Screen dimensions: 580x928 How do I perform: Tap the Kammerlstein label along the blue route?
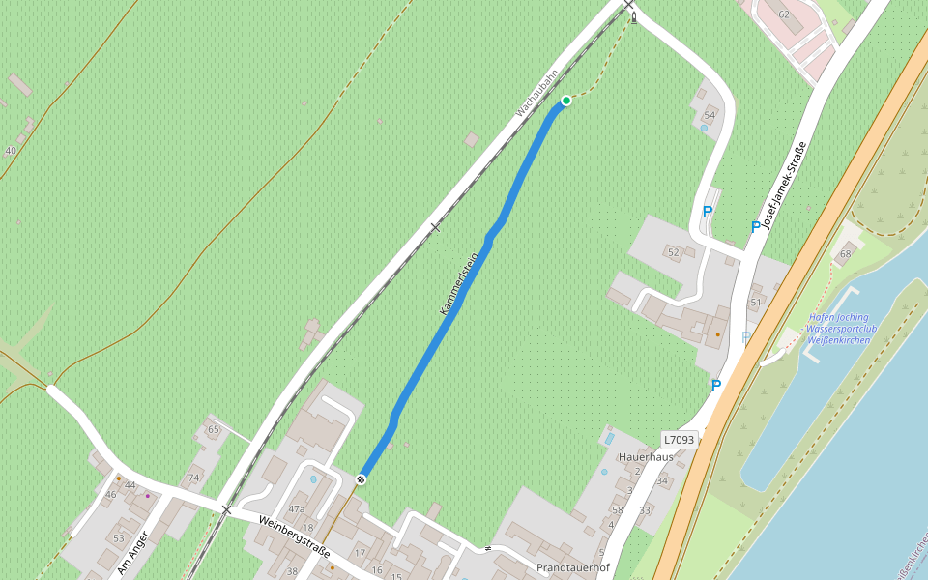pyautogui.click(x=460, y=283)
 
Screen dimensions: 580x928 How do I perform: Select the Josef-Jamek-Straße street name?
pyautogui.click(x=784, y=185)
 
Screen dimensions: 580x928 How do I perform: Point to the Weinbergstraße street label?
pyautogui.click(x=294, y=536)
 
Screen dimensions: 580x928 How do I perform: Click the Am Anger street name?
pyautogui.click(x=132, y=553)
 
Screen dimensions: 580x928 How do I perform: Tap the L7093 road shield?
pyautogui.click(x=679, y=440)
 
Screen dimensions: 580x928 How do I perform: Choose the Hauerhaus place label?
pyautogui.click(x=646, y=456)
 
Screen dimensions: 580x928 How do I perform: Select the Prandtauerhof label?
pyautogui.click(x=573, y=567)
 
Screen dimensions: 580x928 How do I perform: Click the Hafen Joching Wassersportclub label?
pyautogui.click(x=839, y=329)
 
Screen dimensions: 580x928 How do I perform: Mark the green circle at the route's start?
pyautogui.click(x=566, y=101)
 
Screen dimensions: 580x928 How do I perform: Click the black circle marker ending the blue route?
pyautogui.click(x=362, y=479)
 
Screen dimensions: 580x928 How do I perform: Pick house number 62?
pyautogui.click(x=784, y=14)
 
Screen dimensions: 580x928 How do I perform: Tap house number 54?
pyautogui.click(x=710, y=115)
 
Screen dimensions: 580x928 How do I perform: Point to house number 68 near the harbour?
pyautogui.click(x=846, y=254)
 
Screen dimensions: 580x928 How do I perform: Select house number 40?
pyautogui.click(x=11, y=151)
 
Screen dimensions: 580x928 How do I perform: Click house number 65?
pyautogui.click(x=214, y=429)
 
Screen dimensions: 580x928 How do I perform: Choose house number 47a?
pyautogui.click(x=296, y=508)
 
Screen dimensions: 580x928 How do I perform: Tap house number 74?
pyautogui.click(x=194, y=478)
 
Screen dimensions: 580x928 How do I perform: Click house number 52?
pyautogui.click(x=674, y=252)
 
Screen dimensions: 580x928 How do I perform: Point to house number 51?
pyautogui.click(x=756, y=303)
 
